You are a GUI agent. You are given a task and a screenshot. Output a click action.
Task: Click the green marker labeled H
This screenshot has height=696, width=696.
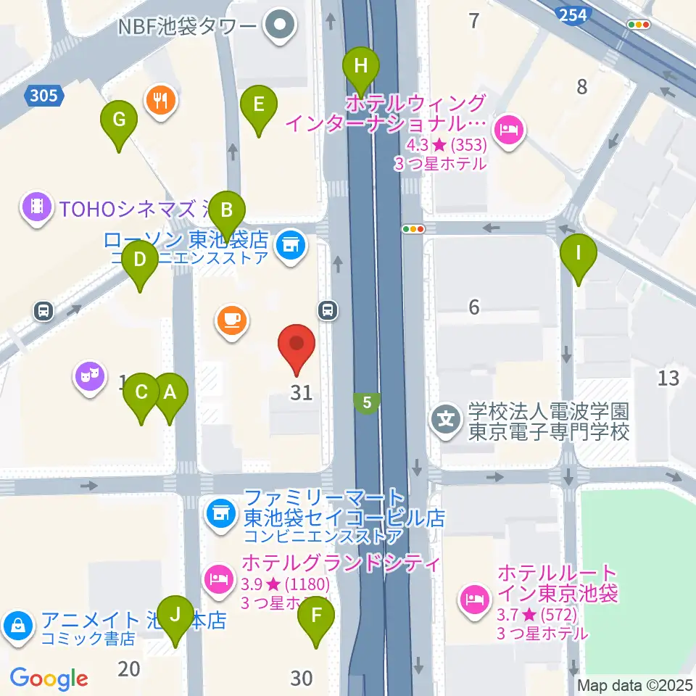(360, 67)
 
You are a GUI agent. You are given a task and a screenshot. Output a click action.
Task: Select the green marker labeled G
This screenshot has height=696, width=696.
(119, 120)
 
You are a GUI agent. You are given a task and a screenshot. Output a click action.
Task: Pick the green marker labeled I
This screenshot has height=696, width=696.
(579, 254)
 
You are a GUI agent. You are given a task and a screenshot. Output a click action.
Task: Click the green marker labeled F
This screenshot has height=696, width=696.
(316, 617)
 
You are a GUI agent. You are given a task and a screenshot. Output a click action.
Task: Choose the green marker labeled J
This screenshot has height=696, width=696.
(175, 616)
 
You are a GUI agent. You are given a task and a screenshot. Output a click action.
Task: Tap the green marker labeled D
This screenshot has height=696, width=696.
(139, 260)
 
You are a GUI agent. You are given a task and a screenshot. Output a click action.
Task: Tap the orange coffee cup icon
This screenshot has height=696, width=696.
(232, 320)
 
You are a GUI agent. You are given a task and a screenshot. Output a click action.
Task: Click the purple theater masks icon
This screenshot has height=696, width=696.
(89, 377)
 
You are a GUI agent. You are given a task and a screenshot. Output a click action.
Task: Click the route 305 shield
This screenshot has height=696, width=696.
(44, 95)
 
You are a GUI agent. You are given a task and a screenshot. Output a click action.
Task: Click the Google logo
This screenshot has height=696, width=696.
(49, 679)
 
